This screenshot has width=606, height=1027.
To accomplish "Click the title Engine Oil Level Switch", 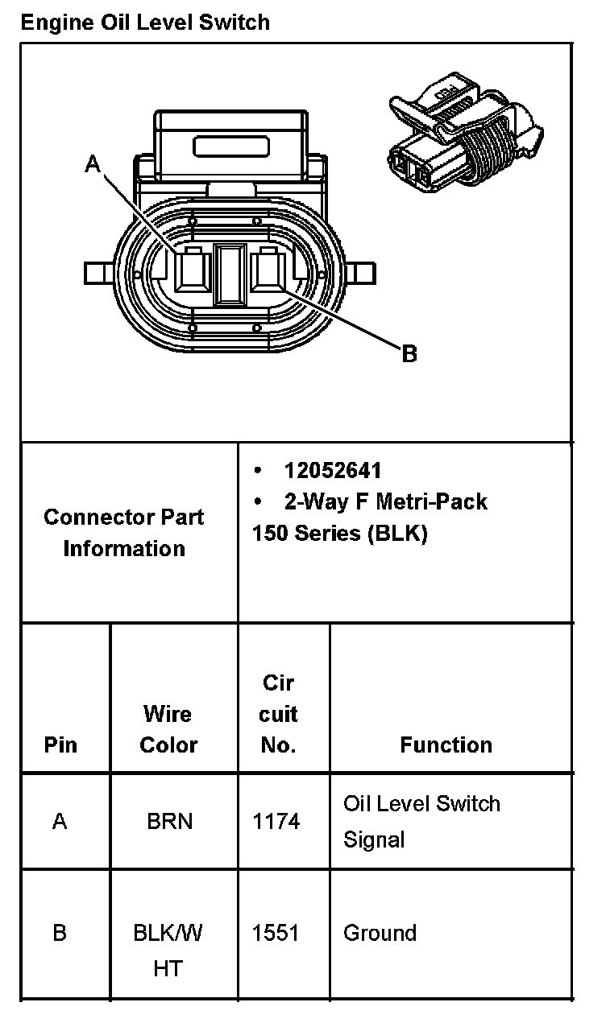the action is (x=145, y=22).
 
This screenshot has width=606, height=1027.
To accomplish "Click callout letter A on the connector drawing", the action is (x=93, y=165).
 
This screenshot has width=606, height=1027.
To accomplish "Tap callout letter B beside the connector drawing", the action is (x=409, y=353).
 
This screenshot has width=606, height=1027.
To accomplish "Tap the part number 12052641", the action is (x=332, y=471).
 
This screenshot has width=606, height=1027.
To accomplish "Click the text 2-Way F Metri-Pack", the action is (x=385, y=502).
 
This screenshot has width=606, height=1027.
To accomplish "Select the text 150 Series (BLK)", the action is (x=339, y=534).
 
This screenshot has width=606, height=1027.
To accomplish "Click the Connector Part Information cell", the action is (x=124, y=533).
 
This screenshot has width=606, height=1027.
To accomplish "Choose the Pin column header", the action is (x=60, y=745).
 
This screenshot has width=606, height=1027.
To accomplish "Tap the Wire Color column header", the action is (x=168, y=729).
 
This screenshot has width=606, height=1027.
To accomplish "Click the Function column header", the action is (x=446, y=745).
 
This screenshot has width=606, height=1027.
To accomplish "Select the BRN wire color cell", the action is (x=169, y=822).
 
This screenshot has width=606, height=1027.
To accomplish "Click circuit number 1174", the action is (x=276, y=822).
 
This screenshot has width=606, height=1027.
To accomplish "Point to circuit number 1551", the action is (x=276, y=934).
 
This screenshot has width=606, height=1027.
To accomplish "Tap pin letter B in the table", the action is (x=60, y=934).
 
